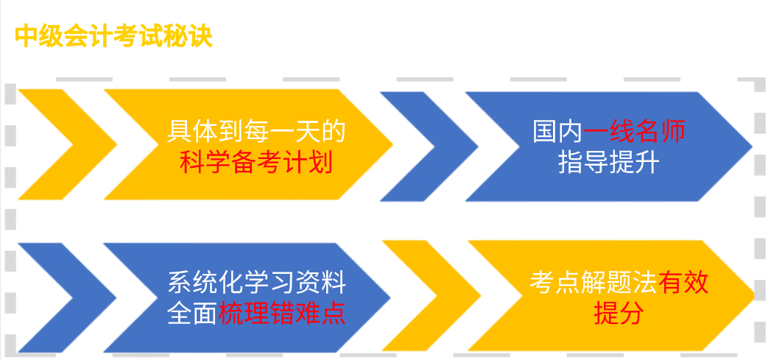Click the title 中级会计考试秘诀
point(114,36)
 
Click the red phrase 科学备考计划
point(256,163)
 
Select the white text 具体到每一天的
point(256,131)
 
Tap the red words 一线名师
point(634,131)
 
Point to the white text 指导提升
point(609,163)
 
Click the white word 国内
point(558,131)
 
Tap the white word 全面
point(192,314)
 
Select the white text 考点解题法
point(594,283)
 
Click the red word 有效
point(683,283)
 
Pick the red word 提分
point(619,314)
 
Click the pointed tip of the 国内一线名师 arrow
point(752,147)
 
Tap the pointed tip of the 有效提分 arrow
point(753,295)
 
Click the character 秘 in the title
point(176,36)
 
